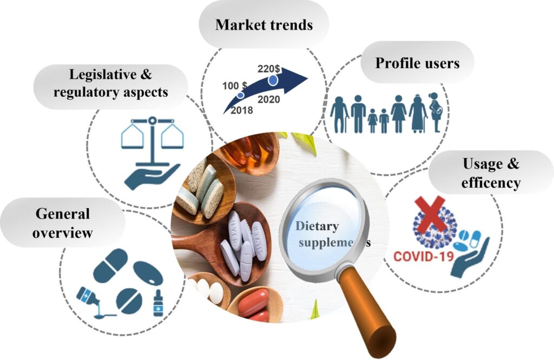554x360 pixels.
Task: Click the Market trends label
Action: coord(264,25)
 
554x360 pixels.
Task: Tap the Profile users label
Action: coord(417,63)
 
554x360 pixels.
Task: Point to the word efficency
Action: coord(490,183)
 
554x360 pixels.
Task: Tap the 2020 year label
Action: coord(269,99)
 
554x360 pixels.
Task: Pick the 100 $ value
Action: coord(234,86)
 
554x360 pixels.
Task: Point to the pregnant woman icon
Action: coord(436,112)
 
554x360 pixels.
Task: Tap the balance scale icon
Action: coord(152,135)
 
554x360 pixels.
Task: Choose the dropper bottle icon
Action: coord(158,303)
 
